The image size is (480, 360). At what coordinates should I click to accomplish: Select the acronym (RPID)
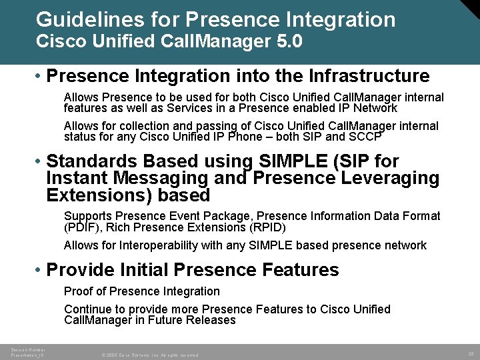pos(265,227)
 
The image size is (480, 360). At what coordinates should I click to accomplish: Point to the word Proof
pos(79,291)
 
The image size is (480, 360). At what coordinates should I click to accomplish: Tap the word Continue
pos(87,309)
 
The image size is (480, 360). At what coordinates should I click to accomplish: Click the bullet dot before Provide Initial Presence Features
pos(39,271)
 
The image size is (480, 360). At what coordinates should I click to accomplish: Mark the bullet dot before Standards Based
pos(39,162)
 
